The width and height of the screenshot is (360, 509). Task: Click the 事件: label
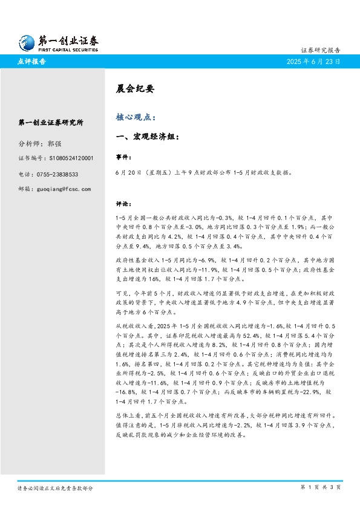click(123, 157)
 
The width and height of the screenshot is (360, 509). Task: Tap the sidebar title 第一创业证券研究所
click(51, 123)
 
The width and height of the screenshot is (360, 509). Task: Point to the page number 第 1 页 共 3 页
click(321, 487)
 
